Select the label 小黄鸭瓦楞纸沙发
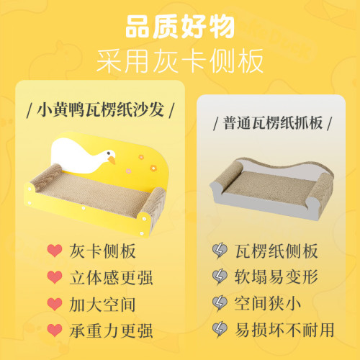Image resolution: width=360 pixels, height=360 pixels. coord(101,112)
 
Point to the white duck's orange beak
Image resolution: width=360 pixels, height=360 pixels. coord(112,161)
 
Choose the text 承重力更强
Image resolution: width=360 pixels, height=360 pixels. coord(111,330)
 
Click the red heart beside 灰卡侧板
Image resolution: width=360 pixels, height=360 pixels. coord(54,251)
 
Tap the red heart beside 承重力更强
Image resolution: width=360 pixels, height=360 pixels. coord(54,330)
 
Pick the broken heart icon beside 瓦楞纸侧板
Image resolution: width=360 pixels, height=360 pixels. coord(220,251)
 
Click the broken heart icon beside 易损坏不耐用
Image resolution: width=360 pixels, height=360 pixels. coord(220,330)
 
